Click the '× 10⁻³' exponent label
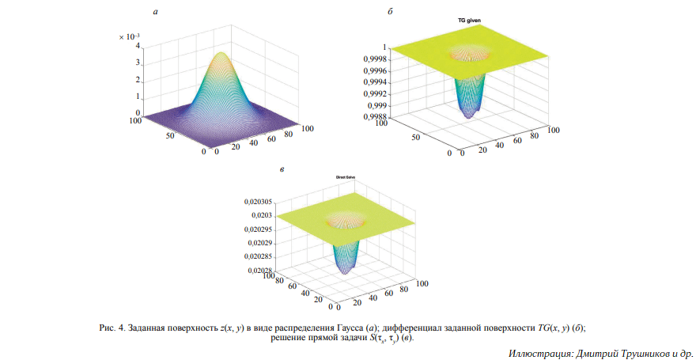[129, 36]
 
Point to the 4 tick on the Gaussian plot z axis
[138, 46]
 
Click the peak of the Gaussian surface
[221, 53]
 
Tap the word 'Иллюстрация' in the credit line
[537, 351]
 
